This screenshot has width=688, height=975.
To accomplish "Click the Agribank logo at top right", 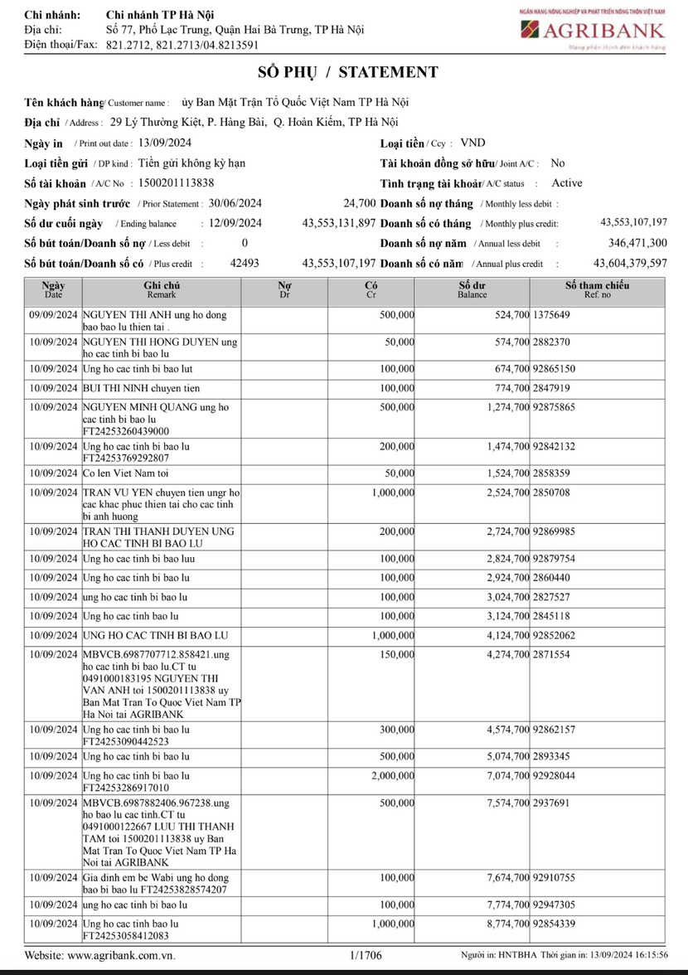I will click(x=592, y=32).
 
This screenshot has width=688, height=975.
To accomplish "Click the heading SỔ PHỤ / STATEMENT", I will click(x=343, y=73).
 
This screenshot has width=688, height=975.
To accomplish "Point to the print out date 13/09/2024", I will click(x=165, y=143).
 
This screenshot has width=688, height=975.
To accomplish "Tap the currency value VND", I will click(x=474, y=143).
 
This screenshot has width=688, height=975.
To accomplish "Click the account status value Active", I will click(x=567, y=183).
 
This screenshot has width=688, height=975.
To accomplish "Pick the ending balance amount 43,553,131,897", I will click(x=339, y=223).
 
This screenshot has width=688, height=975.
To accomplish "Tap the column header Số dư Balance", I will click(x=472, y=289).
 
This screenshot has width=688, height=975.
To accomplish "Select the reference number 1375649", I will click(x=552, y=316).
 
